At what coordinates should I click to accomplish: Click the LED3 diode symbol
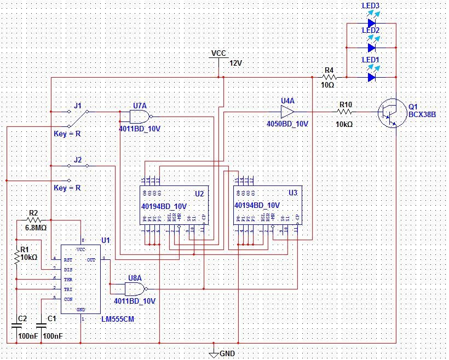[x=371, y=24]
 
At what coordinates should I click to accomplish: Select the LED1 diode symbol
[x=371, y=77]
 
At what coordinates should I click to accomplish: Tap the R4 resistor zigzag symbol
[x=329, y=77]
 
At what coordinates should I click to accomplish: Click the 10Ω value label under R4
[x=327, y=85]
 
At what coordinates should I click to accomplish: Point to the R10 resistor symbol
[x=345, y=112]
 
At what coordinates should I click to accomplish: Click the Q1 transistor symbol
[x=390, y=113]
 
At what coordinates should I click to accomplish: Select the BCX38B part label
[x=422, y=114]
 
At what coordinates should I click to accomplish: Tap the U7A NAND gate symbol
[x=140, y=115]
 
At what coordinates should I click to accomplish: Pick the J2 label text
[x=78, y=159]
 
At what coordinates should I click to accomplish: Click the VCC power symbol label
[x=218, y=53]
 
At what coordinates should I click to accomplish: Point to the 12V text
[x=235, y=63]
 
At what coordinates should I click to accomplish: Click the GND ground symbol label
[x=227, y=353]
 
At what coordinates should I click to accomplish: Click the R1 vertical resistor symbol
[x=17, y=257]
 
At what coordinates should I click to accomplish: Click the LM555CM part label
[x=118, y=318]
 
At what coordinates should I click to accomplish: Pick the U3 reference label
[x=292, y=193]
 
